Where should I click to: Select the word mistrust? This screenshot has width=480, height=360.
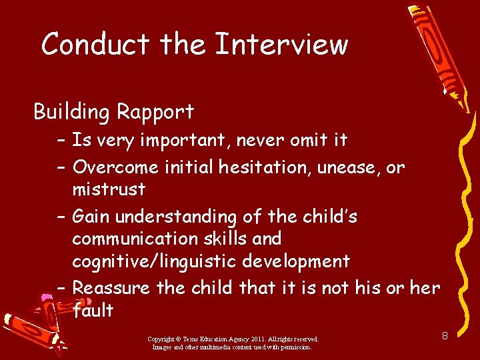109,189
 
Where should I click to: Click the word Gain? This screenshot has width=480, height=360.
91,217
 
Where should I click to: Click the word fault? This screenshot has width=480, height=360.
93,311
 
